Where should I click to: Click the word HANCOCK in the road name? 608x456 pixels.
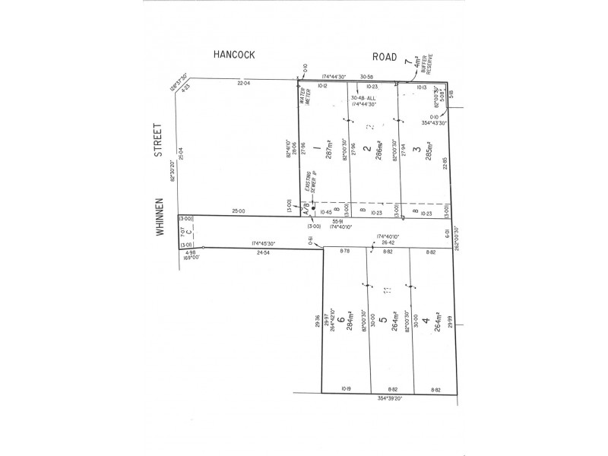click(233, 55)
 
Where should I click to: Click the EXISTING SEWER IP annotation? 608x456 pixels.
click(308, 181)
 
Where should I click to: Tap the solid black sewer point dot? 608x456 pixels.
click(312, 207)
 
